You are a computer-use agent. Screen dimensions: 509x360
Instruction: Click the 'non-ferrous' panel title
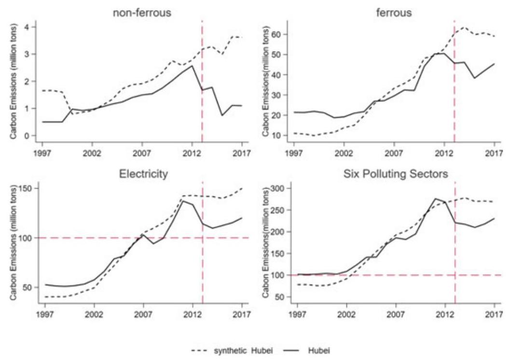coord(141,13)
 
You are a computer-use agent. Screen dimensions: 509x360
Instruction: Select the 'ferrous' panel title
coord(394,13)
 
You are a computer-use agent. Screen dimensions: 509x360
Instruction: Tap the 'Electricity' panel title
coord(143,174)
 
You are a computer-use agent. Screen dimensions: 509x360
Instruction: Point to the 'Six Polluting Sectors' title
coord(396,174)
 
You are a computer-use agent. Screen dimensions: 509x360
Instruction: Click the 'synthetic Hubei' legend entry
coord(233,351)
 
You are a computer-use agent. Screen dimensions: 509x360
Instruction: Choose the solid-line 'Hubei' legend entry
coord(307,351)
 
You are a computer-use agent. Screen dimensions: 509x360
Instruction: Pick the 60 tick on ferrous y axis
coord(276,34)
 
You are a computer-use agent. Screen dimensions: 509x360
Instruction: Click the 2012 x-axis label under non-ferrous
coord(192,152)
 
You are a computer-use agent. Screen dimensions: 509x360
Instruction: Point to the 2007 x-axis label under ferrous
coord(394,152)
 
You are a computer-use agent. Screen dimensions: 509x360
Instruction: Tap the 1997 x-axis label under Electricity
coord(45,314)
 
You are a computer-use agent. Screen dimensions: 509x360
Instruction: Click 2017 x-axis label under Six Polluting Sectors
coord(494,314)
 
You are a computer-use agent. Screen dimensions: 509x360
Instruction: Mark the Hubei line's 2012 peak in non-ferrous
coord(192,66)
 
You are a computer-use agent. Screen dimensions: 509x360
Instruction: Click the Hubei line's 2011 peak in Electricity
coord(182,201)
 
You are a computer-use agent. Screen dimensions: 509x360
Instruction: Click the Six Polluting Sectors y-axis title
coord(265,243)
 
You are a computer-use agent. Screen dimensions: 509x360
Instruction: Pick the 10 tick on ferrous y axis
coord(276,136)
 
